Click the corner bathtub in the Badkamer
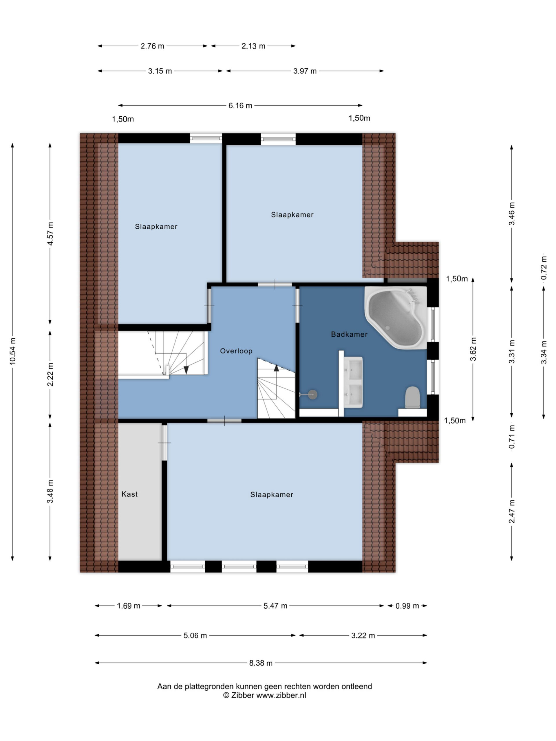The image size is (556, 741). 396,316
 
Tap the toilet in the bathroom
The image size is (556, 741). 412,398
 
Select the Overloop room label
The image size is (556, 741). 236,351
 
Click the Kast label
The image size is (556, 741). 129,494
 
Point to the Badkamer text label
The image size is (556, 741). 349,334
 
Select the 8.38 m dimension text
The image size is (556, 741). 261,663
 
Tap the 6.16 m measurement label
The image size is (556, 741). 240,106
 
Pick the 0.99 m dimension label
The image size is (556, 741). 407,606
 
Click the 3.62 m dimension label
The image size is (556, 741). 473,349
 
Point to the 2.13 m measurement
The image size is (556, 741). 253,46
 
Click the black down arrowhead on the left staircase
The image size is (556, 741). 186,370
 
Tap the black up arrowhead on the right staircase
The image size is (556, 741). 276,368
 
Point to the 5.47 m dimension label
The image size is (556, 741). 275,606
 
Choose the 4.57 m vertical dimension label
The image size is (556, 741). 50,234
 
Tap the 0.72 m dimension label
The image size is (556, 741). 544,268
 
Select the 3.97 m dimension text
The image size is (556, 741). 305,71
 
